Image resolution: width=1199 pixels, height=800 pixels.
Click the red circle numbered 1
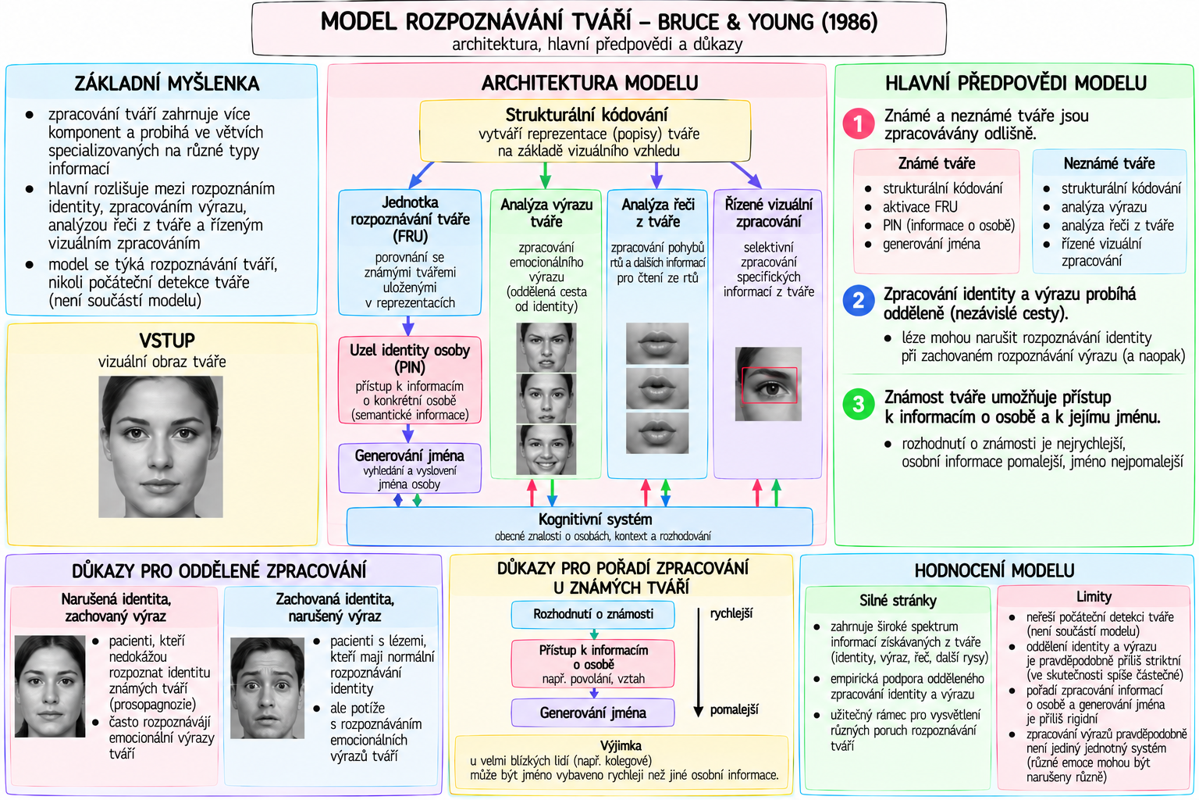click(x=859, y=123)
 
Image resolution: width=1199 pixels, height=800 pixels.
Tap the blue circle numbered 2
click(x=859, y=301)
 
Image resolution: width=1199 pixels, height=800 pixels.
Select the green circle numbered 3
click(x=859, y=404)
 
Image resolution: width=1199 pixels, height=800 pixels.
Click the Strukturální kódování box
click(x=585, y=131)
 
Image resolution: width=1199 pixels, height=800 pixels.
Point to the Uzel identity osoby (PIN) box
click(x=410, y=380)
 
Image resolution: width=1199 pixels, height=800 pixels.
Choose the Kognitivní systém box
click(x=580, y=527)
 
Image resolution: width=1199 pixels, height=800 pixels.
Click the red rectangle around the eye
click(x=769, y=384)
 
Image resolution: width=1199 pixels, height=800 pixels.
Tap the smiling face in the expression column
click(x=546, y=449)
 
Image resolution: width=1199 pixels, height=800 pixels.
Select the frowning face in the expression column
click(x=546, y=347)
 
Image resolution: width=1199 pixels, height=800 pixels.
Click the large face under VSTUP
click(x=161, y=446)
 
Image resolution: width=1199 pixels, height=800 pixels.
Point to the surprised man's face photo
click(x=267, y=688)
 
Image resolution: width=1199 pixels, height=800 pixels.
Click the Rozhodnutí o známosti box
click(x=592, y=615)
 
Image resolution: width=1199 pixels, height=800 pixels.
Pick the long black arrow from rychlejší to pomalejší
click(x=699, y=662)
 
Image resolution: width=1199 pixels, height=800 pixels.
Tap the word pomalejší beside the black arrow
click(x=734, y=710)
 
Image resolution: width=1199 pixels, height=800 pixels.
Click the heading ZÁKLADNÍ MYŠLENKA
click(x=167, y=84)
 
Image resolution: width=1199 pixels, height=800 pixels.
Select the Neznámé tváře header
click(x=1109, y=163)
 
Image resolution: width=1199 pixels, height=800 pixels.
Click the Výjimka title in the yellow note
click(x=621, y=746)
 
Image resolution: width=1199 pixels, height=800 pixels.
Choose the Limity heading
click(x=1094, y=596)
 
